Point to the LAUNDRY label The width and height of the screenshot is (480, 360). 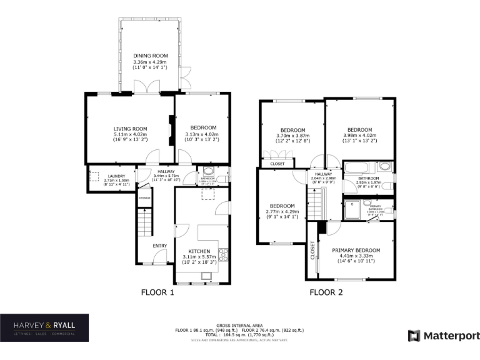click(x=117, y=176)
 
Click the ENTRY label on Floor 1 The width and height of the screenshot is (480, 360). click(x=160, y=245)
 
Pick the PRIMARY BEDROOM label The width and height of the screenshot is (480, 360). click(x=356, y=249)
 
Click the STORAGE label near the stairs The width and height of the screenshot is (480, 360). click(x=144, y=198)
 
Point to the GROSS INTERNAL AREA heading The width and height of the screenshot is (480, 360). click(x=232, y=326)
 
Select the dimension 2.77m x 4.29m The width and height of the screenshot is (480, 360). click(x=282, y=212)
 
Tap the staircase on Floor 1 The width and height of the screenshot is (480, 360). click(x=144, y=221)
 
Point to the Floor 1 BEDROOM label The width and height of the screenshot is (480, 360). click(x=201, y=128)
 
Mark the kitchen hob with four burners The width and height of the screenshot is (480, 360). click(x=223, y=254)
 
